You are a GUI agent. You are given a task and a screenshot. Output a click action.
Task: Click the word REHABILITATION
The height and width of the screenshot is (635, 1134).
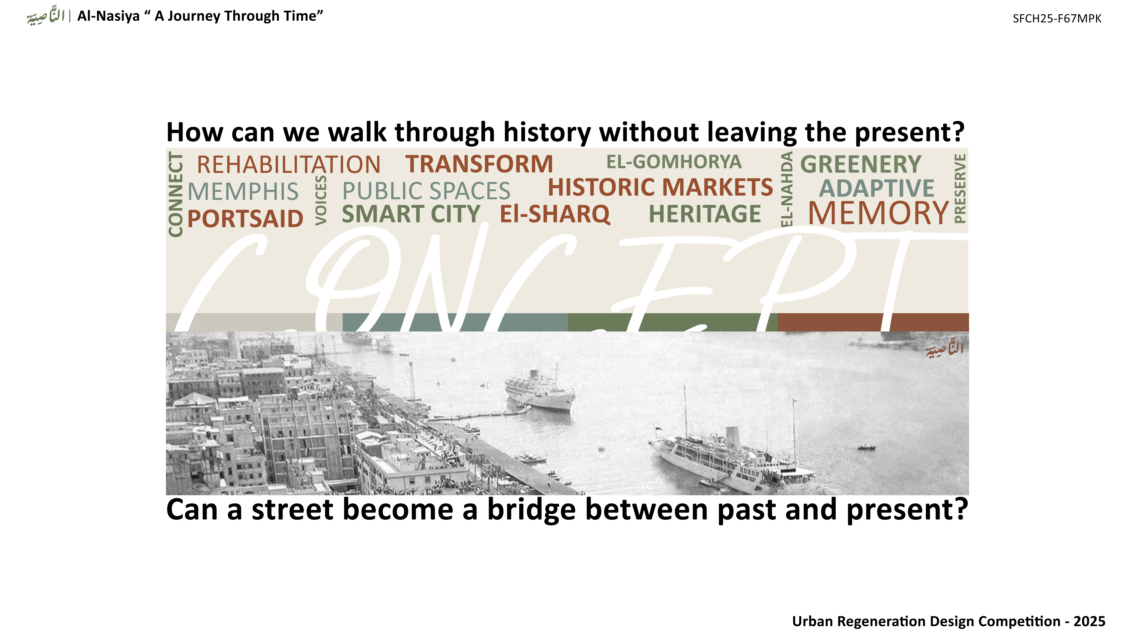(288, 165)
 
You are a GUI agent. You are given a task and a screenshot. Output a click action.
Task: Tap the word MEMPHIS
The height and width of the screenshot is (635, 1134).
(243, 192)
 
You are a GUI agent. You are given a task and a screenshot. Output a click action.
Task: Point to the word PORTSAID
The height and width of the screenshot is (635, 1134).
(245, 219)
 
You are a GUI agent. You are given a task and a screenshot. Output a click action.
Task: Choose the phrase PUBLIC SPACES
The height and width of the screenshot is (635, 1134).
(426, 191)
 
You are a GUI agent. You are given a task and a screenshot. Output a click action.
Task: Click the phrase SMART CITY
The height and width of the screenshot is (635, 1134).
(411, 214)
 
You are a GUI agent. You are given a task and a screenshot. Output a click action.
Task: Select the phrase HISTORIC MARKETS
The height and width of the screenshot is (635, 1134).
(660, 187)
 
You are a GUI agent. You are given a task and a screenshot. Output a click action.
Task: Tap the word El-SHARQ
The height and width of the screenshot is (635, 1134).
(555, 214)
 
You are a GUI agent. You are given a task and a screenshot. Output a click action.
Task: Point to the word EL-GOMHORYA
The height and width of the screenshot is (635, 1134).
(674, 162)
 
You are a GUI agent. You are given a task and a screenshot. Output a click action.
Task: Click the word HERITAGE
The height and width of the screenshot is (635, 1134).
(705, 214)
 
